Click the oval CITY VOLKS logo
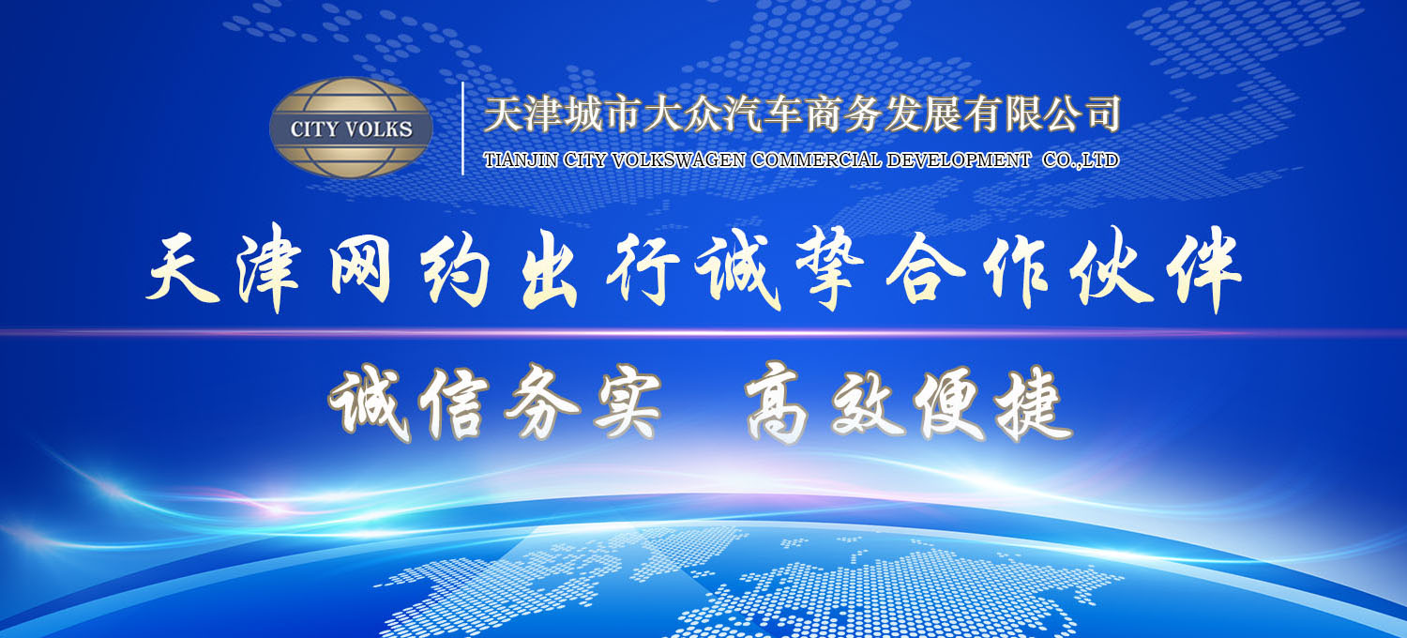(351, 128)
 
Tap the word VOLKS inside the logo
(379, 129)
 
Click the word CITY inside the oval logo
(314, 129)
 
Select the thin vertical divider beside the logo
(463, 129)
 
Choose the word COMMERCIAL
(816, 160)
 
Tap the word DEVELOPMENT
(959, 160)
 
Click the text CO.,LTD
(1081, 160)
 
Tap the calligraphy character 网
(360, 271)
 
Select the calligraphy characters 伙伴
(1156, 269)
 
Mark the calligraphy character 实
(627, 403)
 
